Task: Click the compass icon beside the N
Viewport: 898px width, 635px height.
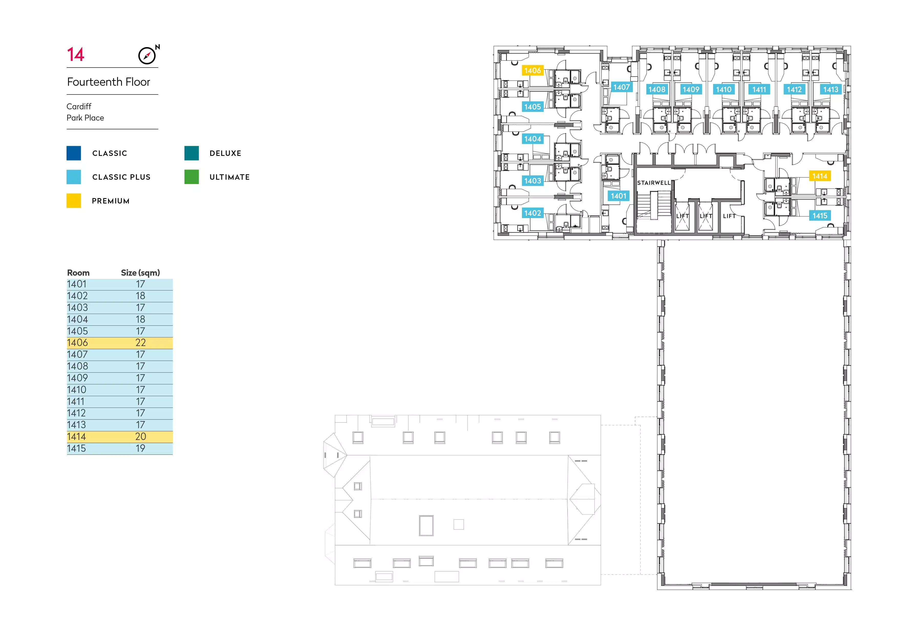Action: coord(147,56)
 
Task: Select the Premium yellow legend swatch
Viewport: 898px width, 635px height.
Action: coord(73,201)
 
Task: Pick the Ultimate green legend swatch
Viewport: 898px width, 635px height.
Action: coord(192,177)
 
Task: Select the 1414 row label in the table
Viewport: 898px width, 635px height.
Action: coord(76,437)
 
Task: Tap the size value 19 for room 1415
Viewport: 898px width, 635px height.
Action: coord(141,448)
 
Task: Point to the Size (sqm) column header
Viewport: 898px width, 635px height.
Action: coord(141,273)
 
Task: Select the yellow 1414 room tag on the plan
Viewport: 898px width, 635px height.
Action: coord(820,176)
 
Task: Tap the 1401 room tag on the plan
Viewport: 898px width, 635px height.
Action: coord(618,196)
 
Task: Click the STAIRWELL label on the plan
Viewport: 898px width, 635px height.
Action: coord(654,182)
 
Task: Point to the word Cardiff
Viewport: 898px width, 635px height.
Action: coord(79,106)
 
